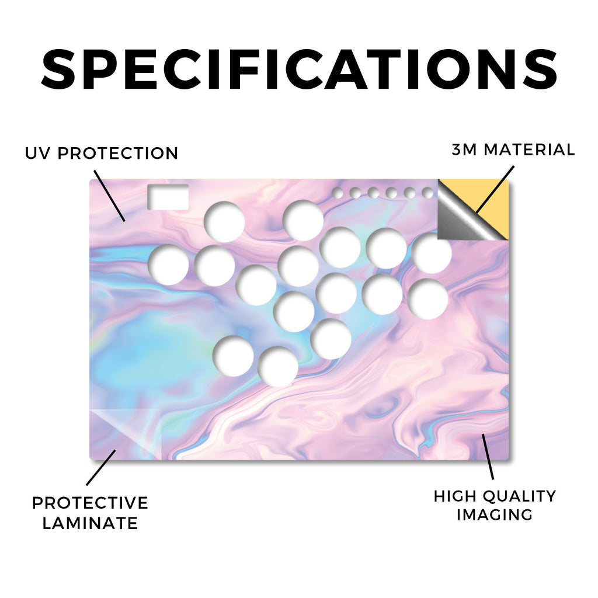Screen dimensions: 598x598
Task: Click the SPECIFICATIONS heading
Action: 299,69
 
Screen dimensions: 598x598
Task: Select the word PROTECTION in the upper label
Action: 118,154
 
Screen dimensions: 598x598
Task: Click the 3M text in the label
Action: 464,149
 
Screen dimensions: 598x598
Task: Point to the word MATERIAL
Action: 529,149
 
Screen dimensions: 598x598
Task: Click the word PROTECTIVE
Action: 90,503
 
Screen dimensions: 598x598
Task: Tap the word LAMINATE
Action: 90,523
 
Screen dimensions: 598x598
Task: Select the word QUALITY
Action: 519,496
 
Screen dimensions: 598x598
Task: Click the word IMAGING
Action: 495,515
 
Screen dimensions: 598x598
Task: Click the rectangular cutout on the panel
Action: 168,197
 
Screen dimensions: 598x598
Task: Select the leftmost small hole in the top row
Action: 338,193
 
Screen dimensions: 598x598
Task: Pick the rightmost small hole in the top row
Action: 427,193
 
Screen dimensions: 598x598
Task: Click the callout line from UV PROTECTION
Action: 109,196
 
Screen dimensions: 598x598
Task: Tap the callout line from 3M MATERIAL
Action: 495,189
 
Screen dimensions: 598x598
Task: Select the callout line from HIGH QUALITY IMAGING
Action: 488,457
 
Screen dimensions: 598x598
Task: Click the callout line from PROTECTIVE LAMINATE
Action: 100,468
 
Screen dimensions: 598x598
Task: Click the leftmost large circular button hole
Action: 168,265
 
